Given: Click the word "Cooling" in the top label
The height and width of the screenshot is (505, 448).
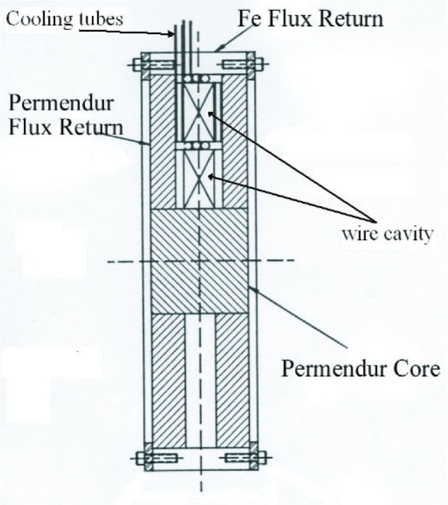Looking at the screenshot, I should click(38, 20).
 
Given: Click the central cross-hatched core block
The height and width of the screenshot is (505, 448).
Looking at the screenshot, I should click(200, 261).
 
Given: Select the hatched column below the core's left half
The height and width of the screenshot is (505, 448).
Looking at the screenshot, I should click(168, 379).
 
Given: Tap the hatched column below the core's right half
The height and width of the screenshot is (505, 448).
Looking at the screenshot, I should click(231, 379).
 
